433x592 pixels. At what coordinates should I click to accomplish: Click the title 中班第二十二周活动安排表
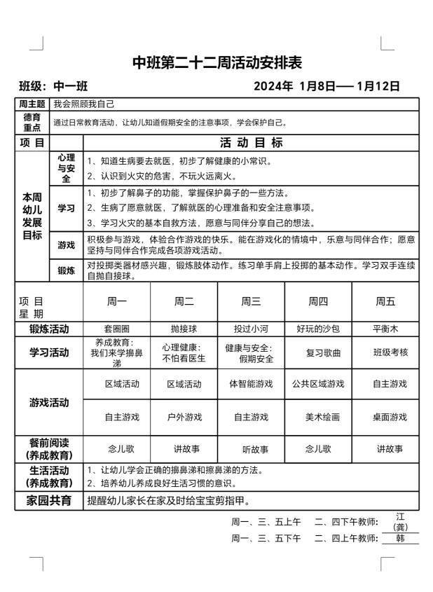coord(217,63)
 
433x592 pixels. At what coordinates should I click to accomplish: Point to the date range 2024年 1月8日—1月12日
coord(327,87)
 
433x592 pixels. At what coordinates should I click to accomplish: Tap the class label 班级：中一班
coord(53,87)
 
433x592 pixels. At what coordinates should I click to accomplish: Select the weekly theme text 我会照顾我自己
coord(84,104)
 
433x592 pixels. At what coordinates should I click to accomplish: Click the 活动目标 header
coord(251,142)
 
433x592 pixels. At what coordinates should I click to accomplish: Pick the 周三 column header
coord(251,301)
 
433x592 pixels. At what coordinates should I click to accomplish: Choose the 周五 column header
coord(385,301)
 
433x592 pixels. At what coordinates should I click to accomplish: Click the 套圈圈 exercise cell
coord(116,329)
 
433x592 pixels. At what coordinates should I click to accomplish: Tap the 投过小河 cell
coord(251,329)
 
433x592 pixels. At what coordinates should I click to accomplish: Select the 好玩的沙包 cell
coord(318,329)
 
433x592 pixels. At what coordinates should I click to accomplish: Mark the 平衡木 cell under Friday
coord(385,329)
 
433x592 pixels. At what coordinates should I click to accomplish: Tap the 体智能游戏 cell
coord(251,384)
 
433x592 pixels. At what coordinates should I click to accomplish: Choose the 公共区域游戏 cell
coord(318,384)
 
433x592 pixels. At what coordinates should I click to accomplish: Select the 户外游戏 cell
coord(184,417)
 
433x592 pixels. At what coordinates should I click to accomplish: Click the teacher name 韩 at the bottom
coord(401,538)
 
